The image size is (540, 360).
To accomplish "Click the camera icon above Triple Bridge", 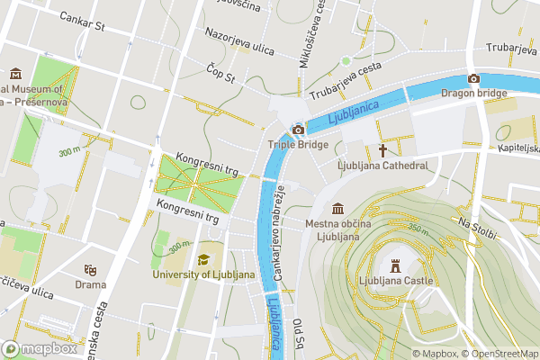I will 298,130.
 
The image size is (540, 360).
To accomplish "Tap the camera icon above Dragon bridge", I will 473,78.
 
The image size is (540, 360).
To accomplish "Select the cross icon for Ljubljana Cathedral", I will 382,150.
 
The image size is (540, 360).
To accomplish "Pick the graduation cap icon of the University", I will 203,259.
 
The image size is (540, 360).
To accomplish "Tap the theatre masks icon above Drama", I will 90,269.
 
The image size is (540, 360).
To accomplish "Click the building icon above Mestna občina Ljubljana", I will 337,208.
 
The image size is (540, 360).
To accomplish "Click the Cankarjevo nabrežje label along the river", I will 280,233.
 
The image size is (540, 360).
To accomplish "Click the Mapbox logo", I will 39,348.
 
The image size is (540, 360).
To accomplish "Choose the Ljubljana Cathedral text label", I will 382,166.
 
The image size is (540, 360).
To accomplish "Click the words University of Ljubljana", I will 203,274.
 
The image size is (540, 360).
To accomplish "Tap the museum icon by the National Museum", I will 15,74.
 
